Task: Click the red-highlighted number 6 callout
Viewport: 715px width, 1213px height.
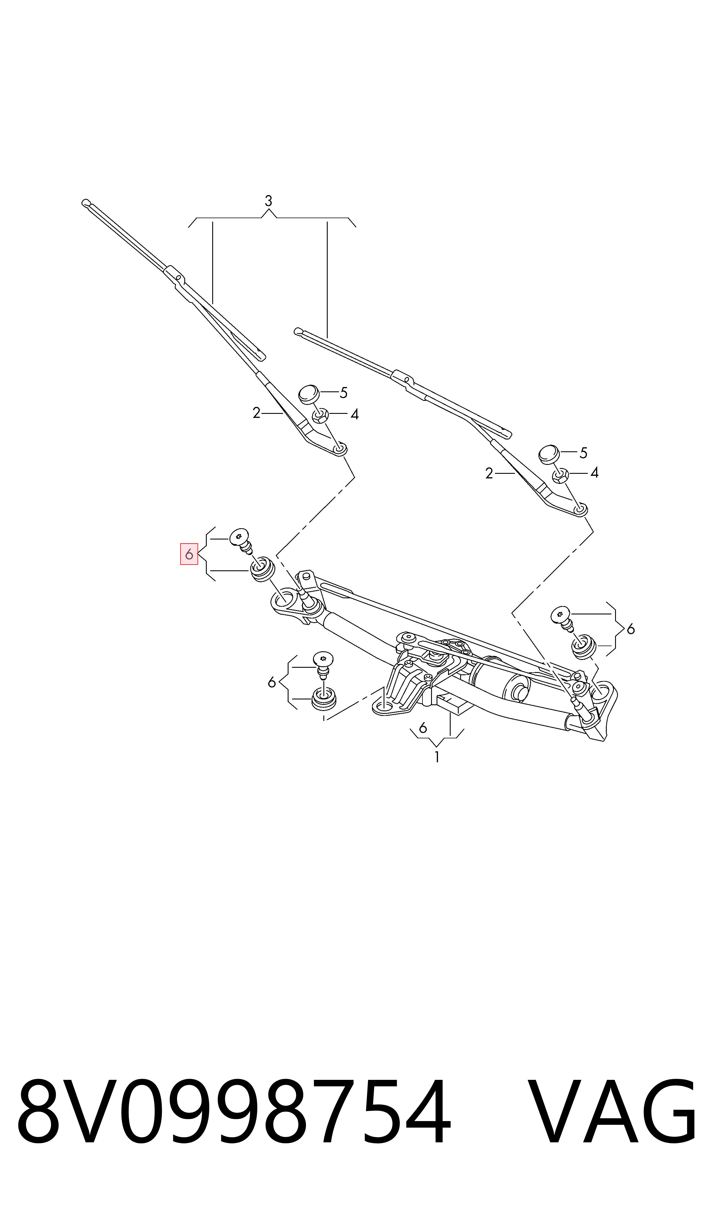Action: pos(189,554)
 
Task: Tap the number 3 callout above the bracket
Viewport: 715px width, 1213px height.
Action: pos(268,201)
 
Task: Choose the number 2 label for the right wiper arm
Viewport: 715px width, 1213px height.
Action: pos(489,474)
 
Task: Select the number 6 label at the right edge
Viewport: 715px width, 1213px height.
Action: pos(631,629)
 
